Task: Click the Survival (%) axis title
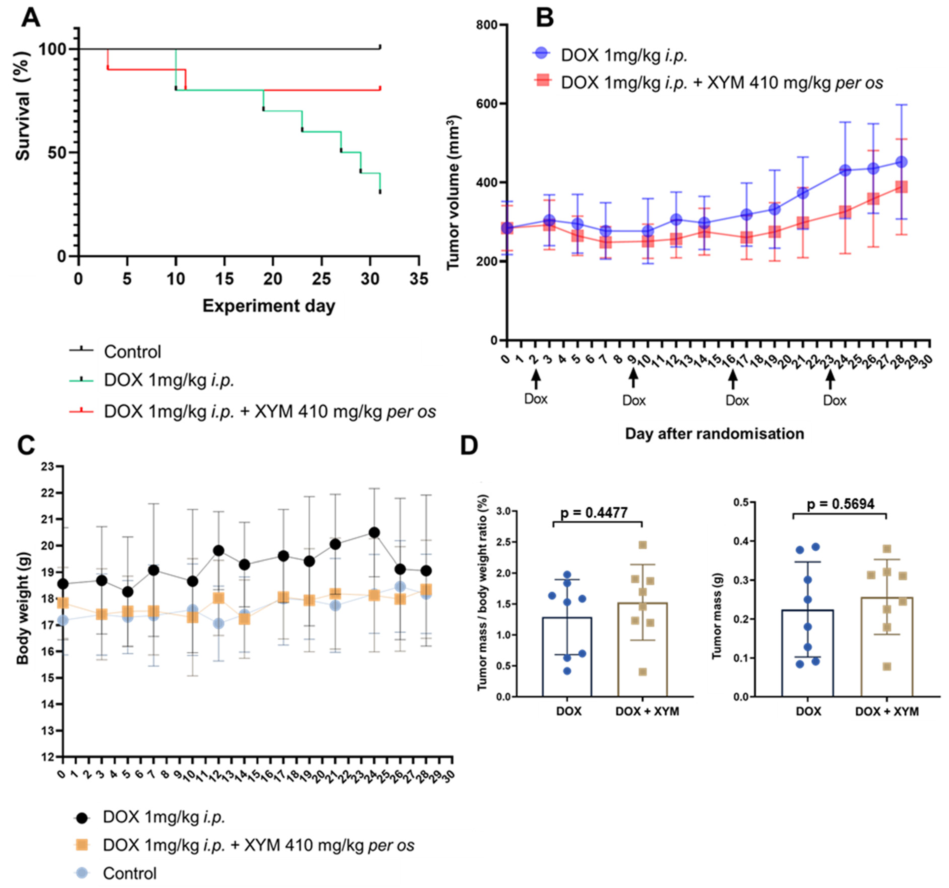[22, 105]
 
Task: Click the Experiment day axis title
[269, 306]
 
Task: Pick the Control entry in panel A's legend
[132, 352]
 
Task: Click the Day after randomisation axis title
[715, 434]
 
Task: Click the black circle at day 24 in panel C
[375, 532]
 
